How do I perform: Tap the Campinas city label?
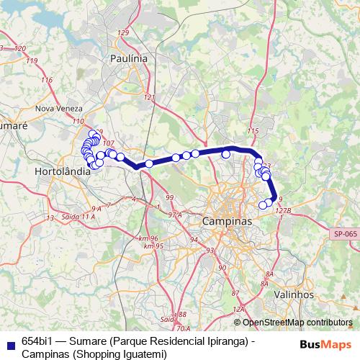pos(228,221)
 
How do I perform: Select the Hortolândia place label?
pos(63,172)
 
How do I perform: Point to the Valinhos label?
pos(294,294)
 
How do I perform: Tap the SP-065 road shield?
pos(346,233)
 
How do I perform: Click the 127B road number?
pos(282,211)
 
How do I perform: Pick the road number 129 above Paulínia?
pos(123,33)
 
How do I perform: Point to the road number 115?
pos(252,130)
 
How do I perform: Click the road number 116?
pos(48,80)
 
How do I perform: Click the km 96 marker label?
pos(149,238)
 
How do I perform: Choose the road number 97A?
pos(174,215)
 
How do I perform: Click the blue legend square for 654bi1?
pos(8,342)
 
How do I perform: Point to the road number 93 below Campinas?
pos(210,251)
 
